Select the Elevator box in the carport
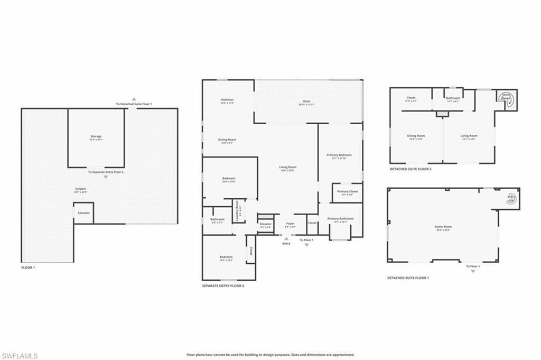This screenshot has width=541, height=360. (83, 213)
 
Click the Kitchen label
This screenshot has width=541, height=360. (227, 100)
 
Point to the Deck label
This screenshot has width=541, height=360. (306, 102)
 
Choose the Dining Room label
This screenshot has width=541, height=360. (227, 141)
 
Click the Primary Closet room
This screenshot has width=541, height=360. (347, 192)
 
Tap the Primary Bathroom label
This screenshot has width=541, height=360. (340, 219)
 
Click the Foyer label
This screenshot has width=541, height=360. (290, 224)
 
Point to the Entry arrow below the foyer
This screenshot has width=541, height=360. (286, 238)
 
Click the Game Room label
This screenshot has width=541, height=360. (443, 227)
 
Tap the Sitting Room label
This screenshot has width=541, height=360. (416, 136)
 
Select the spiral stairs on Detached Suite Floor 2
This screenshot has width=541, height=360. (507, 99)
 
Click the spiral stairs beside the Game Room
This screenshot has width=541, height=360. (511, 198)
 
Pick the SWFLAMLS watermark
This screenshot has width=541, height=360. (20, 355)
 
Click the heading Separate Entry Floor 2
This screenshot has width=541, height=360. (223, 286)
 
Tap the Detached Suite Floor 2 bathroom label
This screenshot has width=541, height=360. (453, 98)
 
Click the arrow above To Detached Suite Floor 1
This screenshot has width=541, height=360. (134, 99)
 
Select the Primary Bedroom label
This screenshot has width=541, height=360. (341, 156)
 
